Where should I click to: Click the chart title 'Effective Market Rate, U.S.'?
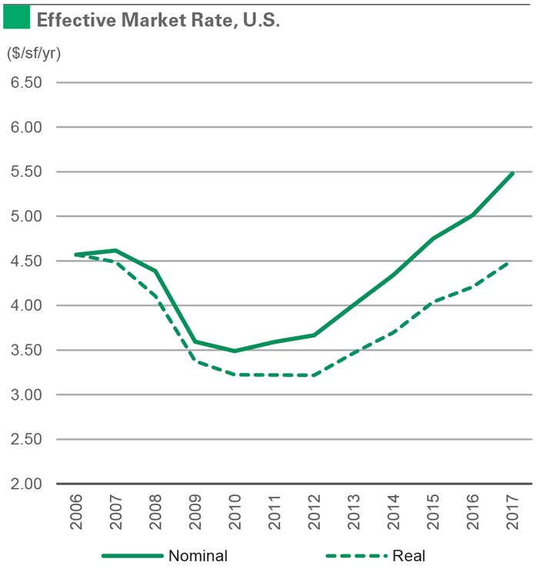coord(158,19)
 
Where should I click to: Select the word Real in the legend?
coord(409,555)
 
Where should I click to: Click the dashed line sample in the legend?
coord(355,555)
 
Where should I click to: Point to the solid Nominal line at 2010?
coord(235,351)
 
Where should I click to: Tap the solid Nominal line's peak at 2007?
coord(115,251)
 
